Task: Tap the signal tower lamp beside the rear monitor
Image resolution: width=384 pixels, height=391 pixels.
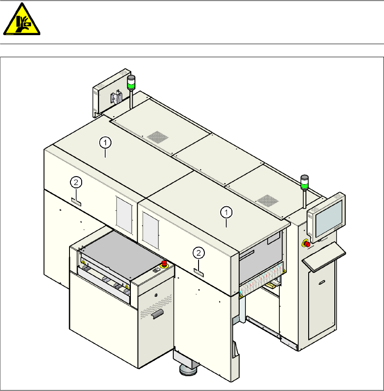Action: point(131,82)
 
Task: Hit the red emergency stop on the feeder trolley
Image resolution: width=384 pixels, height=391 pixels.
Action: point(164,263)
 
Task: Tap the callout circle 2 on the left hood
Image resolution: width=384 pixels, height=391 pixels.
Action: point(76,182)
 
